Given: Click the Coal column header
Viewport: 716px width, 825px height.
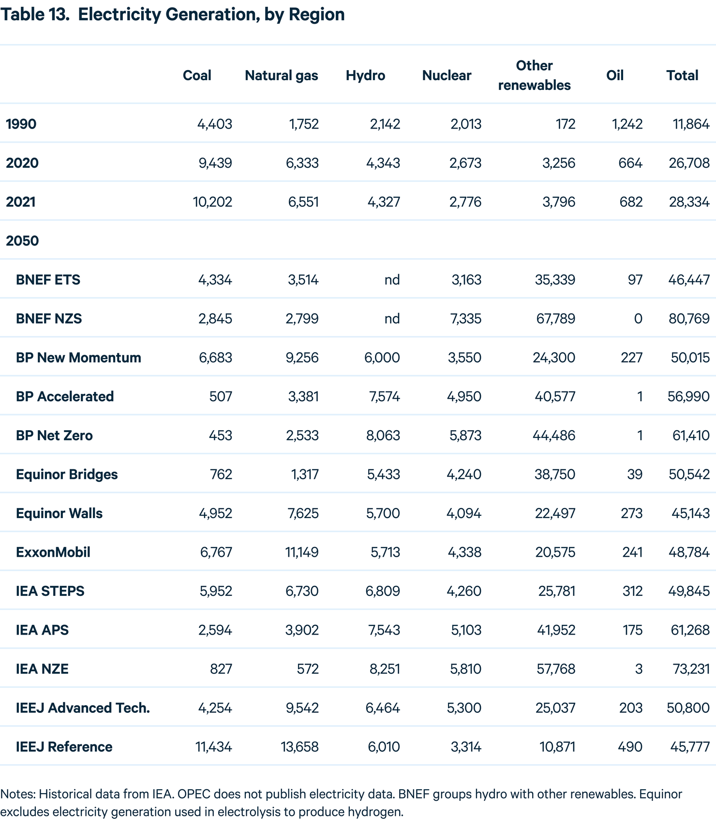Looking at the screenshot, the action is (x=197, y=75).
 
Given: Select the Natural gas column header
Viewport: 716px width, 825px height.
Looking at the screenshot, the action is (x=282, y=76).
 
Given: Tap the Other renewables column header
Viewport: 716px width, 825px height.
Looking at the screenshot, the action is (x=534, y=75).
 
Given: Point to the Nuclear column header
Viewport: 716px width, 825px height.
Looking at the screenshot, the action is (x=447, y=75).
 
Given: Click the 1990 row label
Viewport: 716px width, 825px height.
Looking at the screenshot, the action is (x=21, y=124).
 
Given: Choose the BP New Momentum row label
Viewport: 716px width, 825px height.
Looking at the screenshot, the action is (x=78, y=358).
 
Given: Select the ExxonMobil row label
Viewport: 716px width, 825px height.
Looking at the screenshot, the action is (x=53, y=552).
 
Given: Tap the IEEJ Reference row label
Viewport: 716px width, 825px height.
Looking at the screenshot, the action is (x=64, y=747).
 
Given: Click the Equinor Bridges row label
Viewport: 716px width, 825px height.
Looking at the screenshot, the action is (x=67, y=474).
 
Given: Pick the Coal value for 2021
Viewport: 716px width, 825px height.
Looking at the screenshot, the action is (x=212, y=202).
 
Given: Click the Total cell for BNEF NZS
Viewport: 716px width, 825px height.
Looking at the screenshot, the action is (x=689, y=318).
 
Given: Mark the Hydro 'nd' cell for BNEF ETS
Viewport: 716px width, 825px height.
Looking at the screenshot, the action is (x=392, y=280).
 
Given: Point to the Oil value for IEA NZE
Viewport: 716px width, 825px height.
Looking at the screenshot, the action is (x=639, y=669).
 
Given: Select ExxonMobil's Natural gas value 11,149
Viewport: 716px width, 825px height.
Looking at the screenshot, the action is (x=302, y=552).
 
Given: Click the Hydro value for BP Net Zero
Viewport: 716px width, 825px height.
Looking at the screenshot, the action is (x=383, y=435).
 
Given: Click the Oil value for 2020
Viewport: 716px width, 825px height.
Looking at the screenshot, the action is (x=630, y=163).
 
